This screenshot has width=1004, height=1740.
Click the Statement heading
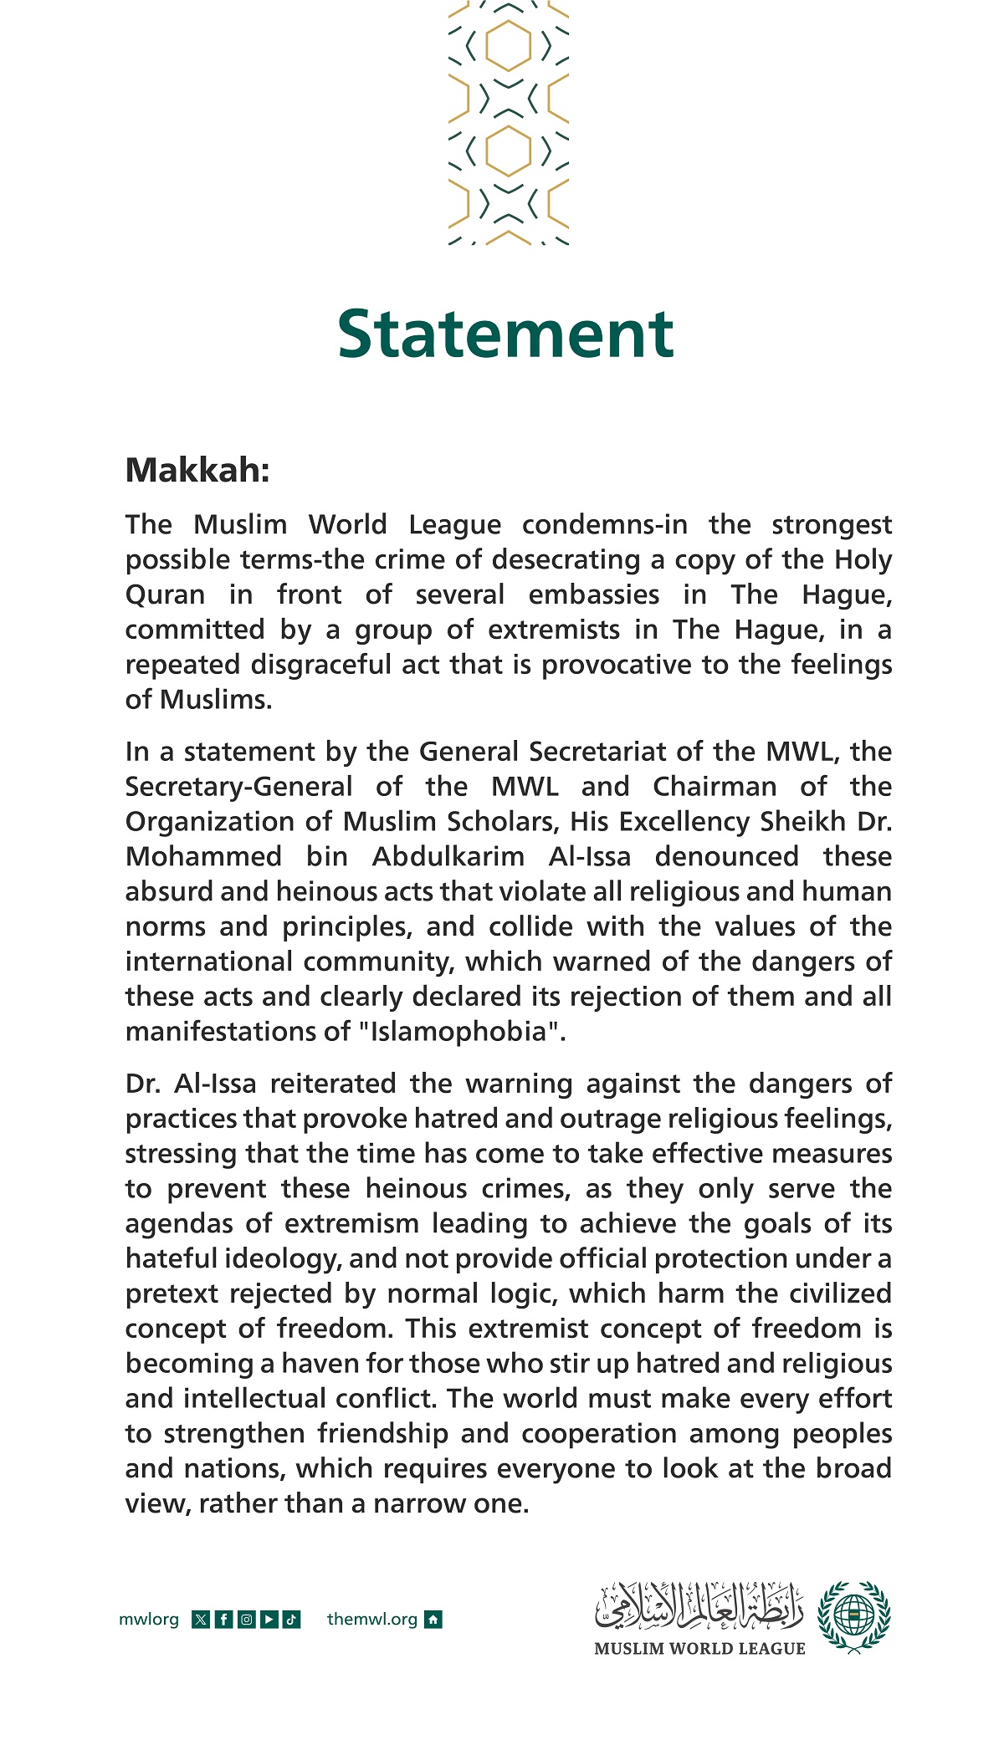(505, 334)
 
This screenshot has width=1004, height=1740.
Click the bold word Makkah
(197, 471)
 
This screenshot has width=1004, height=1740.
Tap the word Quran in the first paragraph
(165, 594)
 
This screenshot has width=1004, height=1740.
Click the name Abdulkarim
(448, 856)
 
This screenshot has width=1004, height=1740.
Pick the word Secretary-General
(239, 787)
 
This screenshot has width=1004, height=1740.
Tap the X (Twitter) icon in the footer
(201, 1620)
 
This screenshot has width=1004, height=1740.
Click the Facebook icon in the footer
(223, 1620)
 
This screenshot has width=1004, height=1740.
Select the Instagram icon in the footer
(246, 1620)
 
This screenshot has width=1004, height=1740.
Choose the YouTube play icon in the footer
(269, 1620)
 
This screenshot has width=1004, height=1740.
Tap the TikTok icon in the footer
(291, 1620)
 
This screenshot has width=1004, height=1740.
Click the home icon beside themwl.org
(433, 1620)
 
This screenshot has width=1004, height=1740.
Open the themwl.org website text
(371, 1620)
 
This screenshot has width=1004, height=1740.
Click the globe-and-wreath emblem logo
(854, 1616)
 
